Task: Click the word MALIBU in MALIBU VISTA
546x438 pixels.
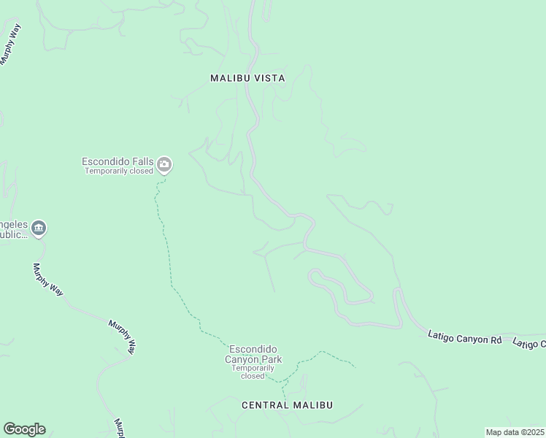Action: (x=229, y=77)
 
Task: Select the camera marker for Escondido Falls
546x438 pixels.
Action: (x=165, y=165)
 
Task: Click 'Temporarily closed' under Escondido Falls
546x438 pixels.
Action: (x=119, y=171)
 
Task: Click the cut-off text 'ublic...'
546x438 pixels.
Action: (x=13, y=236)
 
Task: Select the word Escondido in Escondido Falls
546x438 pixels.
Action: (x=104, y=161)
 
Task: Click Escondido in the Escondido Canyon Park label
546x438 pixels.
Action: (x=252, y=350)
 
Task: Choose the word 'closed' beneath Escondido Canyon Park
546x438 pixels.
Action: (x=253, y=376)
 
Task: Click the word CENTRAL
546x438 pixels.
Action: (x=265, y=404)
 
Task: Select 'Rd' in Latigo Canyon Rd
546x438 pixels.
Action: (x=496, y=340)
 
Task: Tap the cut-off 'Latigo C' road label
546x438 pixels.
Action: (x=528, y=342)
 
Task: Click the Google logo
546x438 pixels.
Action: (x=24, y=429)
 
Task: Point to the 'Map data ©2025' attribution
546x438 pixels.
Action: (x=514, y=432)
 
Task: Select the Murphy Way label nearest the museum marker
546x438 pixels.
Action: (x=47, y=280)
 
